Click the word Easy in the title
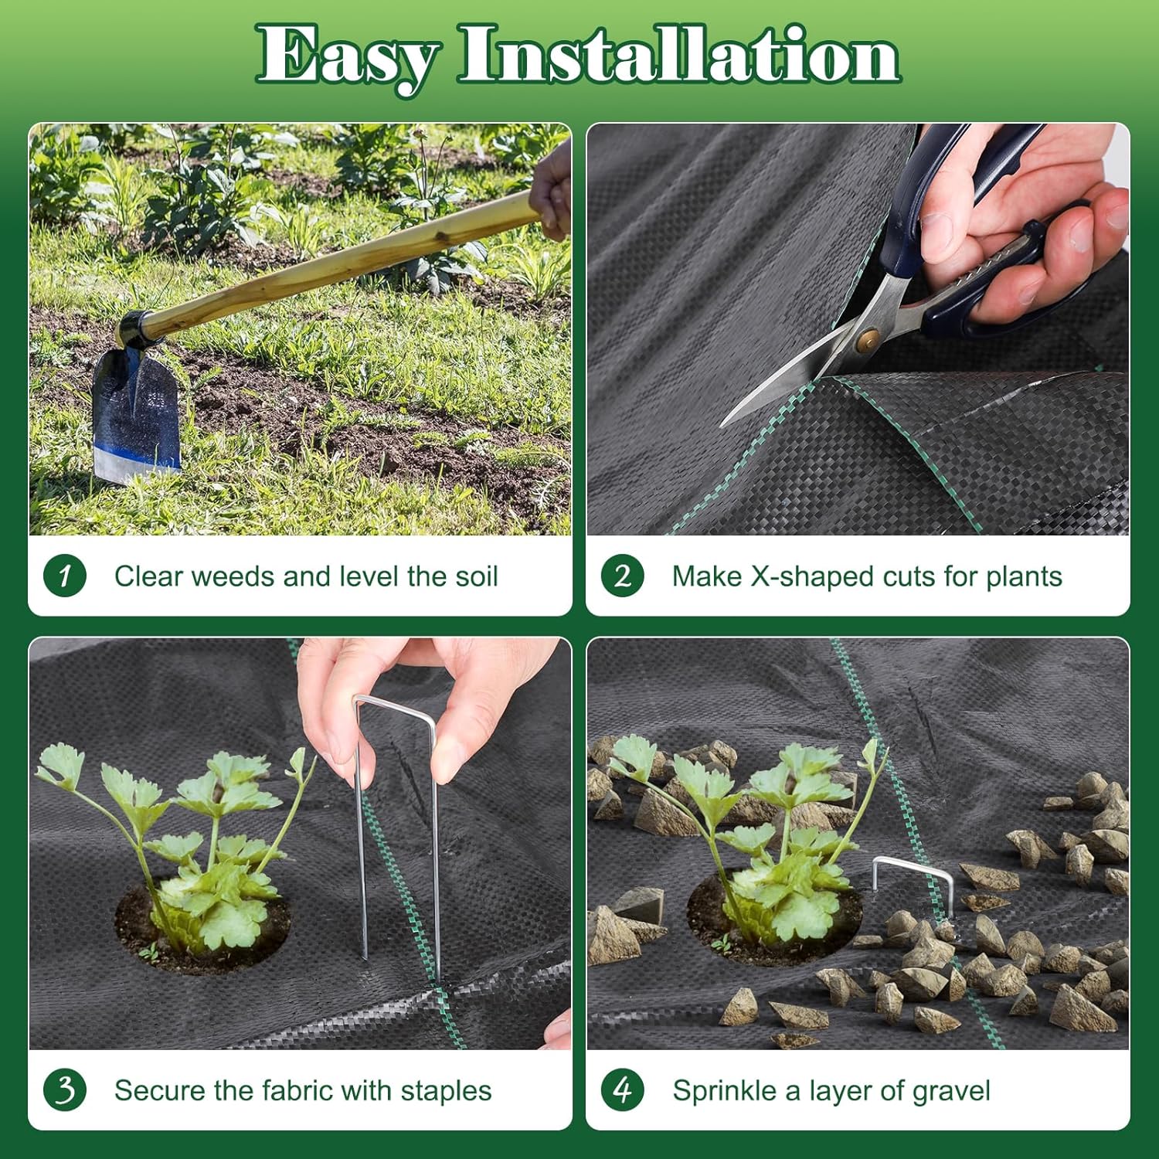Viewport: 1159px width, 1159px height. (348, 56)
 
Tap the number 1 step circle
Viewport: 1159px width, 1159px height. (65, 576)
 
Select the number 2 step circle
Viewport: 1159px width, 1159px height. (623, 576)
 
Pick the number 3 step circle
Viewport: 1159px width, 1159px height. (65, 1090)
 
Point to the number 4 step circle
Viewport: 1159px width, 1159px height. (623, 1090)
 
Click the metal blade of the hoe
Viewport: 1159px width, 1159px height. (137, 417)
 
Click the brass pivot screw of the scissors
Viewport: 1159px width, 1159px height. (868, 338)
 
